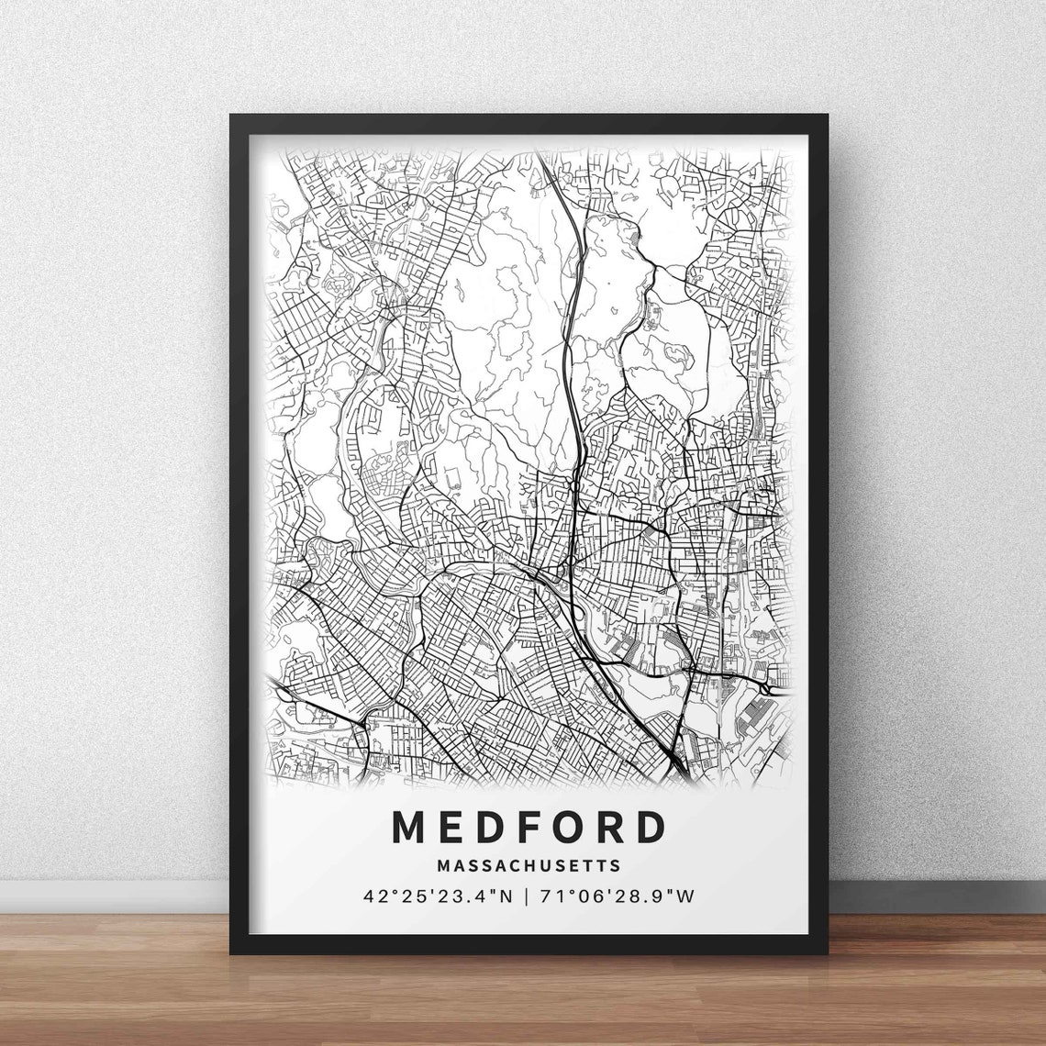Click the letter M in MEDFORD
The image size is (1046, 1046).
click(x=408, y=827)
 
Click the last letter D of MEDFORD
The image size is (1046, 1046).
click(x=650, y=827)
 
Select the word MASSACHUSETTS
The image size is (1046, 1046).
click(x=529, y=865)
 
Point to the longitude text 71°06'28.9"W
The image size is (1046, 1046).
click(x=618, y=896)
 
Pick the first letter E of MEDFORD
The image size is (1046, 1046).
click(x=448, y=827)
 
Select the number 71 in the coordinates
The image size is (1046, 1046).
click(x=550, y=896)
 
